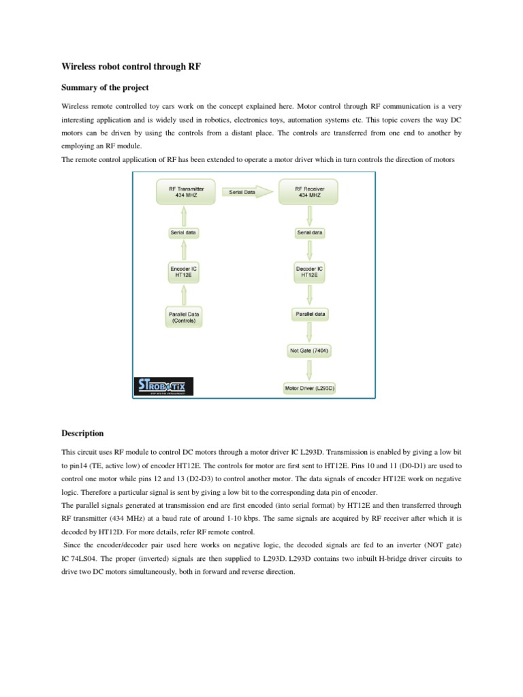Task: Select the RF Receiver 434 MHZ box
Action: click(x=310, y=192)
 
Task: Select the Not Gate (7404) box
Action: click(x=310, y=351)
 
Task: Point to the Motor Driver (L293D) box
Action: click(x=310, y=389)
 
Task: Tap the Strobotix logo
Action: click(x=163, y=386)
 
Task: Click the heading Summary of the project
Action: click(x=105, y=88)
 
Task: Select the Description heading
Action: click(x=82, y=433)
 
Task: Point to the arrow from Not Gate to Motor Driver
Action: click(x=310, y=370)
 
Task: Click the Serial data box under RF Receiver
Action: click(x=310, y=233)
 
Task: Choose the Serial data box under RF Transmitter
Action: click(x=185, y=233)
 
